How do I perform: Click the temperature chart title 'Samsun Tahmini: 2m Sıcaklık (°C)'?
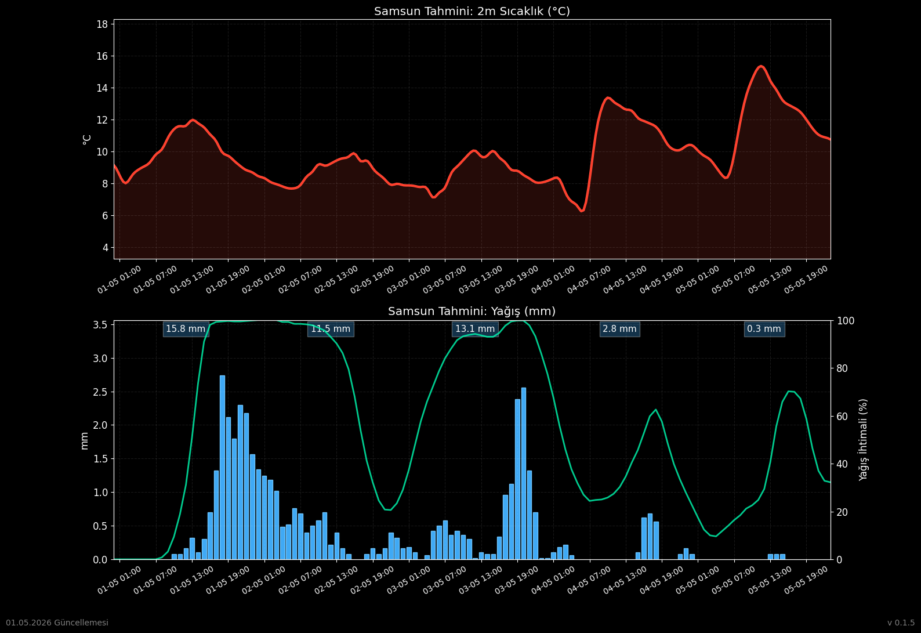pyautogui.click(x=472, y=11)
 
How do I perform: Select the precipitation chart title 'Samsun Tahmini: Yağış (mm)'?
pyautogui.click(x=472, y=311)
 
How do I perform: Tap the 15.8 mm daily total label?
pyautogui.click(x=186, y=328)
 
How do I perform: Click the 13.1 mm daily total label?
pyautogui.click(x=475, y=328)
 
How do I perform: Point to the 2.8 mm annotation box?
pyautogui.click(x=619, y=328)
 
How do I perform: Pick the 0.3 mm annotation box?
pyautogui.click(x=764, y=328)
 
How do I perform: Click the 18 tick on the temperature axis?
pyautogui.click(x=102, y=24)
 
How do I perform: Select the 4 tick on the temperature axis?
pyautogui.click(x=106, y=248)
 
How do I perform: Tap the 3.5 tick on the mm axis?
pyautogui.click(x=100, y=325)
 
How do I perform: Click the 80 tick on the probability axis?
pyautogui.click(x=842, y=368)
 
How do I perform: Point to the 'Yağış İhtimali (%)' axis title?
pyautogui.click(x=863, y=440)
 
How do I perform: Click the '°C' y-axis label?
pyautogui.click(x=86, y=139)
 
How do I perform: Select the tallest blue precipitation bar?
pyautogui.click(x=223, y=467)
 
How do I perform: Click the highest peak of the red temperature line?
pyautogui.click(x=761, y=66)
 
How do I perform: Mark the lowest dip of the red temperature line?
pyautogui.click(x=582, y=211)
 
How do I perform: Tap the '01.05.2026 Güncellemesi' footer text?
pyautogui.click(x=57, y=623)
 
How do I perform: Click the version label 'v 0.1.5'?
pyautogui.click(x=901, y=623)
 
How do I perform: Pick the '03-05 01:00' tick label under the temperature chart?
pyautogui.click(x=408, y=280)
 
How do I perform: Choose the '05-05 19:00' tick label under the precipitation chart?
pyautogui.click(x=806, y=580)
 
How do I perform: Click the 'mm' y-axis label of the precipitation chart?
pyautogui.click(x=84, y=440)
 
